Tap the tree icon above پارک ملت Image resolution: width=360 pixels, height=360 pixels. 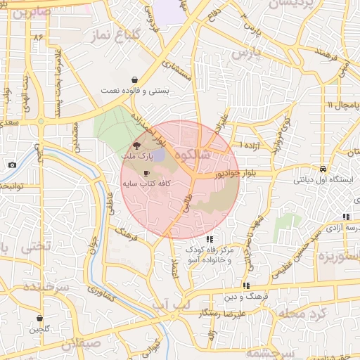136,145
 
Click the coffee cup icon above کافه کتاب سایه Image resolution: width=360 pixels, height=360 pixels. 146,172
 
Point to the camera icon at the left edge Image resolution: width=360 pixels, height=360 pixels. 12,165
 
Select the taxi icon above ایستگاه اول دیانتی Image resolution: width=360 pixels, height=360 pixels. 322,169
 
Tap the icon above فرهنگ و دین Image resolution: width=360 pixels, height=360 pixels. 245,286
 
